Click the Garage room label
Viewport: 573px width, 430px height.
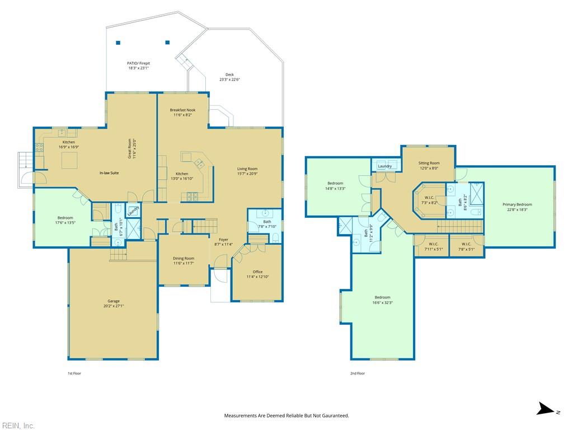113,301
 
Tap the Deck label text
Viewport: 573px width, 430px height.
229,74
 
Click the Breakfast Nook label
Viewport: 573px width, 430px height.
183,110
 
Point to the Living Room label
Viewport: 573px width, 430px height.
247,169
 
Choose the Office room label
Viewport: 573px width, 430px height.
257,272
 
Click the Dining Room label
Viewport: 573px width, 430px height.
184,258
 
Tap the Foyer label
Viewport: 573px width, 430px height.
224,240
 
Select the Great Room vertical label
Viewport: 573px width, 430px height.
129,148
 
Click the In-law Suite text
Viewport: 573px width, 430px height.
109,173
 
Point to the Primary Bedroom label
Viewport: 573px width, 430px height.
517,204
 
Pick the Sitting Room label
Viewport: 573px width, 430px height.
429,163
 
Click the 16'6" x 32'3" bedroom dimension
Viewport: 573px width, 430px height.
383,303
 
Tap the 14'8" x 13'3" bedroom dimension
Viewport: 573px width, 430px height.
335,189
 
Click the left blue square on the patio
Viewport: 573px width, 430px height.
118,43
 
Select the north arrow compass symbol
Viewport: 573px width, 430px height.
548,409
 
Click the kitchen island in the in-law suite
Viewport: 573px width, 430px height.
69,160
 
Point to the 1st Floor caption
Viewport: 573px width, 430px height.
74,373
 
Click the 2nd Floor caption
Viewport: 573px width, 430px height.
358,373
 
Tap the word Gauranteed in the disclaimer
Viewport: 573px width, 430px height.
335,416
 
